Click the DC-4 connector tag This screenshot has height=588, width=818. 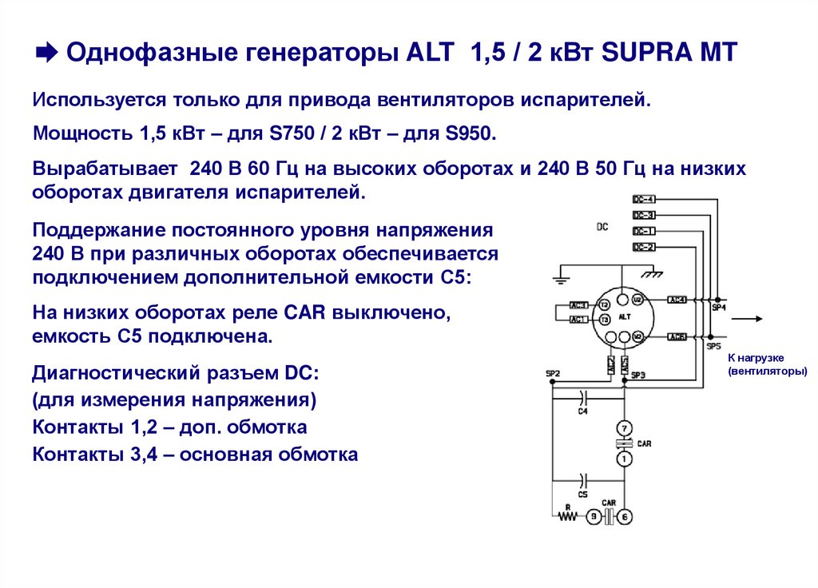(644, 199)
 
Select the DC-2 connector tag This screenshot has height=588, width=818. (644, 247)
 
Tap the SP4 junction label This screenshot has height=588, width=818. (718, 308)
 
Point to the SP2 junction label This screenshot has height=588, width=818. (552, 374)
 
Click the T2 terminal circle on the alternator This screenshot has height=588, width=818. (605, 305)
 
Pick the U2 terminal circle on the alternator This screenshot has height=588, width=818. (637, 300)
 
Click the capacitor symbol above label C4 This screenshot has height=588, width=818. (583, 395)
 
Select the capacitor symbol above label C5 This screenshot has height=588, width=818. (583, 480)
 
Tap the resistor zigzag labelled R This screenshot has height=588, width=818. (568, 516)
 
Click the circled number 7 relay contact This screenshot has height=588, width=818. (625, 427)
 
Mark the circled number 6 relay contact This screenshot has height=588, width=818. (625, 517)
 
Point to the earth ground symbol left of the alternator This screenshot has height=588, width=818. (558, 276)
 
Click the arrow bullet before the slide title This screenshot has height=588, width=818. (46, 54)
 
